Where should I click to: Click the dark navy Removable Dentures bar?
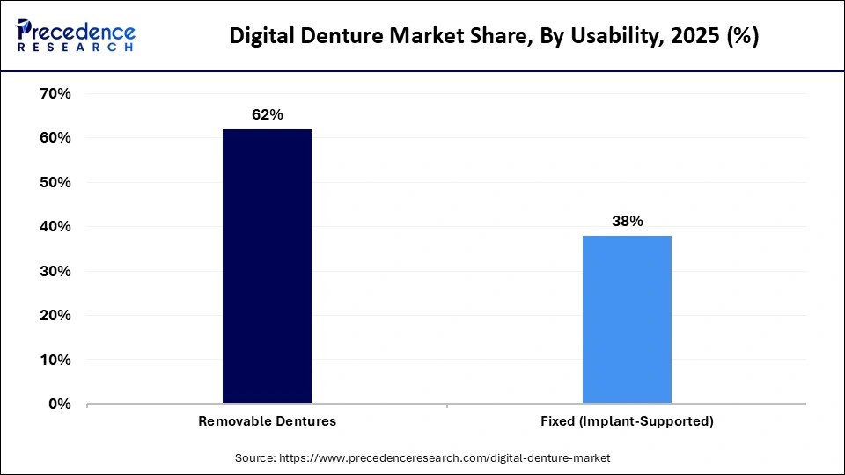(x=267, y=267)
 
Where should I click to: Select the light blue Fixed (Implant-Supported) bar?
(x=627, y=319)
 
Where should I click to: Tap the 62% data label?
(x=267, y=115)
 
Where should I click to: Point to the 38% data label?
(x=627, y=222)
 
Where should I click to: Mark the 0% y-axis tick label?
(x=59, y=404)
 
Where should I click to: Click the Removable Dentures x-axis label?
(x=267, y=421)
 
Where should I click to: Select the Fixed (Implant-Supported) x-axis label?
(x=627, y=421)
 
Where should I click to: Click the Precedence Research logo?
(x=76, y=35)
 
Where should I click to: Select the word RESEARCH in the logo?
(x=76, y=47)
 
